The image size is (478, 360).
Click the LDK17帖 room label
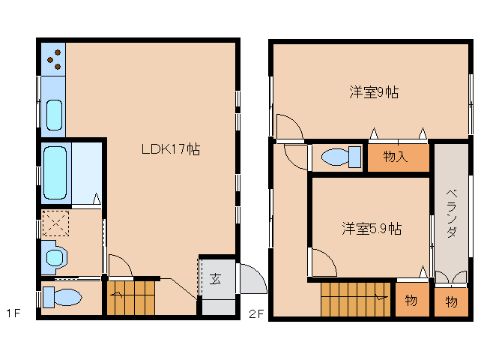(x=171, y=149)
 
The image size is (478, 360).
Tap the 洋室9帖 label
(x=374, y=91)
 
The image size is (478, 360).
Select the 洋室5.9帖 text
(x=372, y=229)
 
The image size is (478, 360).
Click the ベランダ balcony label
(x=452, y=213)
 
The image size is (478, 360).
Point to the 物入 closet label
(x=395, y=156)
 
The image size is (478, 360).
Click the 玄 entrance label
(x=215, y=279)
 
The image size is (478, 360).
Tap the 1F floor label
(x=13, y=313)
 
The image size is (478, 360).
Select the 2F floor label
(x=255, y=313)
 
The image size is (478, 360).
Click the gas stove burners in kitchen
(x=54, y=59)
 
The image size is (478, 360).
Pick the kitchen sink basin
(x=54, y=115)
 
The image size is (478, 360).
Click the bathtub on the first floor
(x=55, y=172)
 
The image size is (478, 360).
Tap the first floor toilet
(x=62, y=298)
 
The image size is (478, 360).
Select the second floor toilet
(x=341, y=157)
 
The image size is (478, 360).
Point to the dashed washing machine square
(x=55, y=223)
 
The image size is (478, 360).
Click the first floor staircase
(x=131, y=298)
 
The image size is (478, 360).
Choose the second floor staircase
(x=355, y=299)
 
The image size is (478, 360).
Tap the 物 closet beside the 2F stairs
(x=412, y=300)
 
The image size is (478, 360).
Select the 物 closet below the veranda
(x=452, y=301)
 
